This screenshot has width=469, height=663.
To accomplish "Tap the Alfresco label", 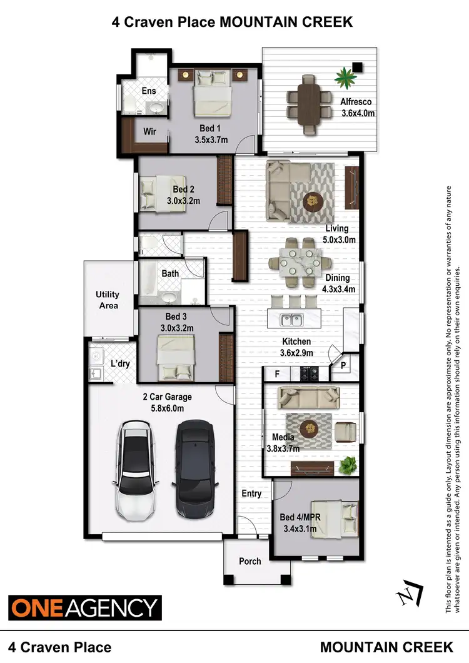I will pyautogui.click(x=356, y=102).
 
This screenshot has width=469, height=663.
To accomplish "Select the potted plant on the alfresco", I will pyautogui.click(x=345, y=78).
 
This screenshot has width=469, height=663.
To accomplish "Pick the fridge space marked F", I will pyautogui.click(x=277, y=374).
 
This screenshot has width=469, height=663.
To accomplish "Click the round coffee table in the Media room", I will pyautogui.click(x=309, y=429).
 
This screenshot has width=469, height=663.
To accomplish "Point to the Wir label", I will pyautogui.click(x=150, y=131).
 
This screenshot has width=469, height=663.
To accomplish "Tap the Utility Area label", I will pyautogui.click(x=108, y=300).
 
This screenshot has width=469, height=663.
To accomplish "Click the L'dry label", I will pyautogui.click(x=120, y=363).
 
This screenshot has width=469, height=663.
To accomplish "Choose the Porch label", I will pyautogui.click(x=250, y=561).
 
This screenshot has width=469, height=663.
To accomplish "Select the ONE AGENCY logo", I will pyautogui.click(x=84, y=607).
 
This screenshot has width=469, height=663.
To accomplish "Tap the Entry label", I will pyautogui.click(x=251, y=493).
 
